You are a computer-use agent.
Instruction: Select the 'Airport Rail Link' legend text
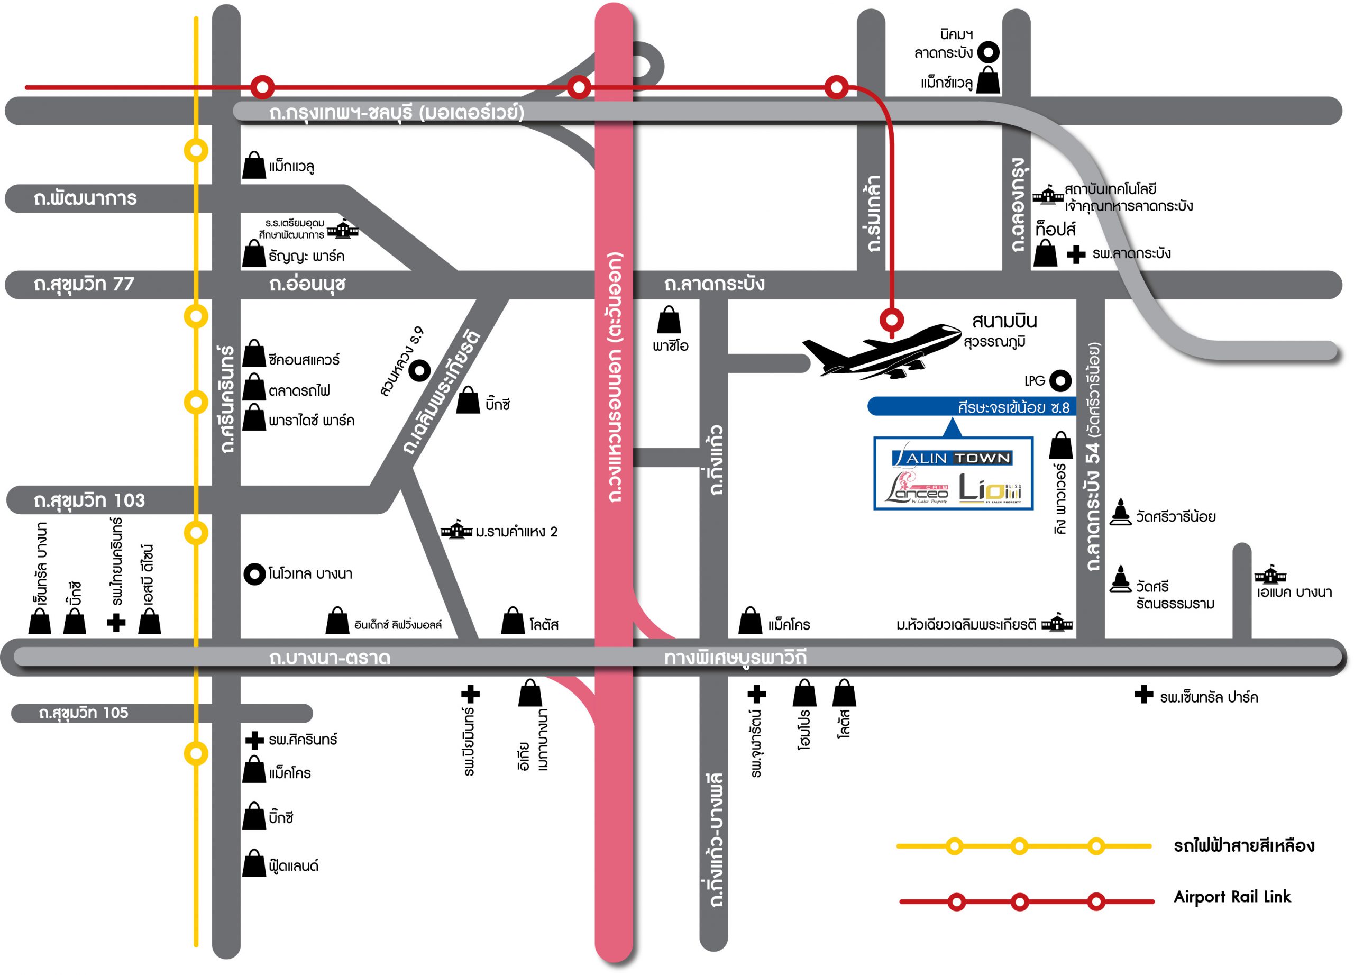click(x=1232, y=897)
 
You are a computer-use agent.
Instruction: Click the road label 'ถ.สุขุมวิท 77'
click(x=84, y=284)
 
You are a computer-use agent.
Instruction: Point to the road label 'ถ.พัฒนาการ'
click(x=85, y=198)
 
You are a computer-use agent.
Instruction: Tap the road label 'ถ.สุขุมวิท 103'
click(x=89, y=500)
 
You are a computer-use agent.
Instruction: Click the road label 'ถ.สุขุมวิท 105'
click(x=84, y=713)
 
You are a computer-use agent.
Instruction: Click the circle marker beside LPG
click(x=1060, y=380)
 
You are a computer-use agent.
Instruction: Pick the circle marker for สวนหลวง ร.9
click(x=420, y=370)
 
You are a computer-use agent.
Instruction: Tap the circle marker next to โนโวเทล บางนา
click(x=255, y=575)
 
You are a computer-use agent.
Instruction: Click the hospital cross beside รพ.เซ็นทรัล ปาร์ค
click(x=1143, y=695)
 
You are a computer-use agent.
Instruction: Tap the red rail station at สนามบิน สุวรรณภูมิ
click(x=891, y=320)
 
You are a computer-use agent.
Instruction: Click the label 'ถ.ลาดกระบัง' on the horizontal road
click(x=714, y=284)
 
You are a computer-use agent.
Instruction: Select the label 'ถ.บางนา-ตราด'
click(x=330, y=658)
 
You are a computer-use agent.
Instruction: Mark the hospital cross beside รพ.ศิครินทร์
click(x=255, y=740)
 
